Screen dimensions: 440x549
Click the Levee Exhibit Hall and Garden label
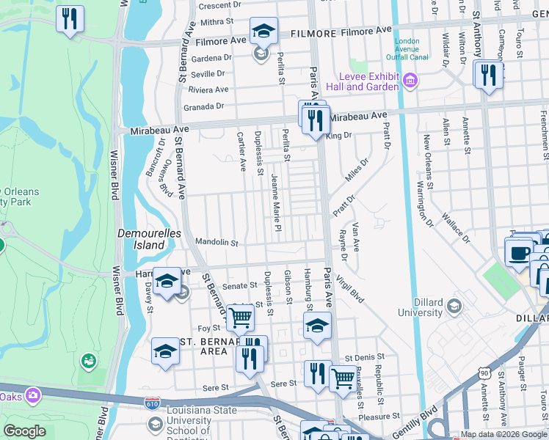(x=368, y=81)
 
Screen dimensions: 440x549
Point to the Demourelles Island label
(x=141, y=239)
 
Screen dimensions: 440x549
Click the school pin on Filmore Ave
(x=263, y=32)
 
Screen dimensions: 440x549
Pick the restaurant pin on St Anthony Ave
(x=487, y=75)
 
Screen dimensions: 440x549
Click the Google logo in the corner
(x=24, y=431)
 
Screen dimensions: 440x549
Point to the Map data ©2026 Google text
(x=503, y=435)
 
